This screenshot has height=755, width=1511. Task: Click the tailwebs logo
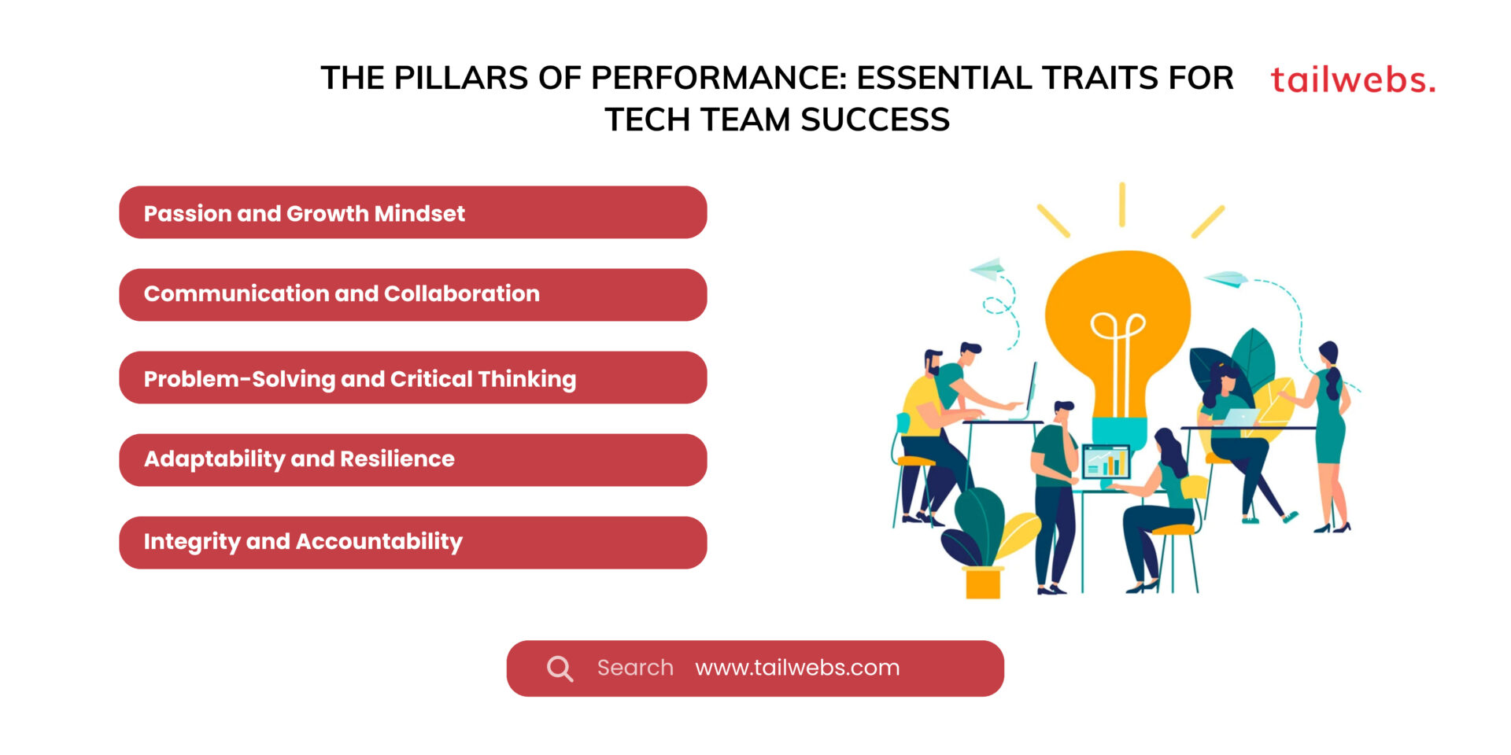pyautogui.click(x=1353, y=80)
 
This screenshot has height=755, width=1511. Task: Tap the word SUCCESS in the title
pyautogui.click(x=875, y=120)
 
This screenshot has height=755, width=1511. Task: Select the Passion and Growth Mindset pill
pyautogui.click(x=412, y=212)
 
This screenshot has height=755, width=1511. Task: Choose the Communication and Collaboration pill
pyautogui.click(x=412, y=295)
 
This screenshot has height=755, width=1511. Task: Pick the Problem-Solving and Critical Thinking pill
pyautogui.click(x=412, y=377)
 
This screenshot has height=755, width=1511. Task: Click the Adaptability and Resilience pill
pyautogui.click(x=412, y=460)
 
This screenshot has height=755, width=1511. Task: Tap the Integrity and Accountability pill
pyautogui.click(x=412, y=543)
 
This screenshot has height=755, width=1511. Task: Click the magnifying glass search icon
pyautogui.click(x=560, y=668)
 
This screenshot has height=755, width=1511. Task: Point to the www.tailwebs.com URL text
pyautogui.click(x=797, y=668)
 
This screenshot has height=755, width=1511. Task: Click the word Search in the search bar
pyautogui.click(x=635, y=668)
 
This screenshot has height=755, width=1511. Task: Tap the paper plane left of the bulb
pyautogui.click(x=988, y=269)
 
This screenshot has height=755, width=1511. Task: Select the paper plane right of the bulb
pyautogui.click(x=1226, y=278)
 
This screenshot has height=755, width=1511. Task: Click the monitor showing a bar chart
pyautogui.click(x=1106, y=462)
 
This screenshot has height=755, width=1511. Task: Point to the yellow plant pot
pyautogui.click(x=982, y=583)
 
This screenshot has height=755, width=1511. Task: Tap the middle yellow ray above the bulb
pyautogui.click(x=1121, y=204)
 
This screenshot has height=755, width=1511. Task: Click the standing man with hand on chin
pyautogui.click(x=1055, y=488)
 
